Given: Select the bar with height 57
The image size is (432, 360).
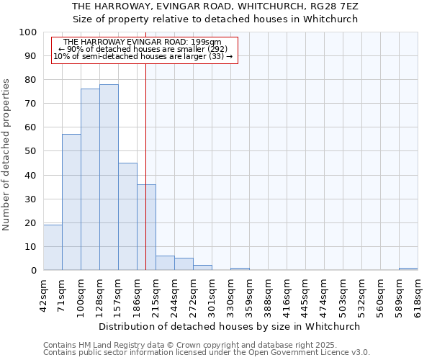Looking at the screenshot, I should tap(71, 202).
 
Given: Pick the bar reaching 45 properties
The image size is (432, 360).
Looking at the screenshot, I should tap(127, 216).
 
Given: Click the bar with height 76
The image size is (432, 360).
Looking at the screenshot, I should tap(90, 179).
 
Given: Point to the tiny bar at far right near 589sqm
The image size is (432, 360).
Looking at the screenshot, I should tap(408, 269).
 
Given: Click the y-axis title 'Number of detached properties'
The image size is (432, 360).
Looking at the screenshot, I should tap(7, 155).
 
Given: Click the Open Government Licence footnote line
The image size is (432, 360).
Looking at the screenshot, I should tap(207, 353).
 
